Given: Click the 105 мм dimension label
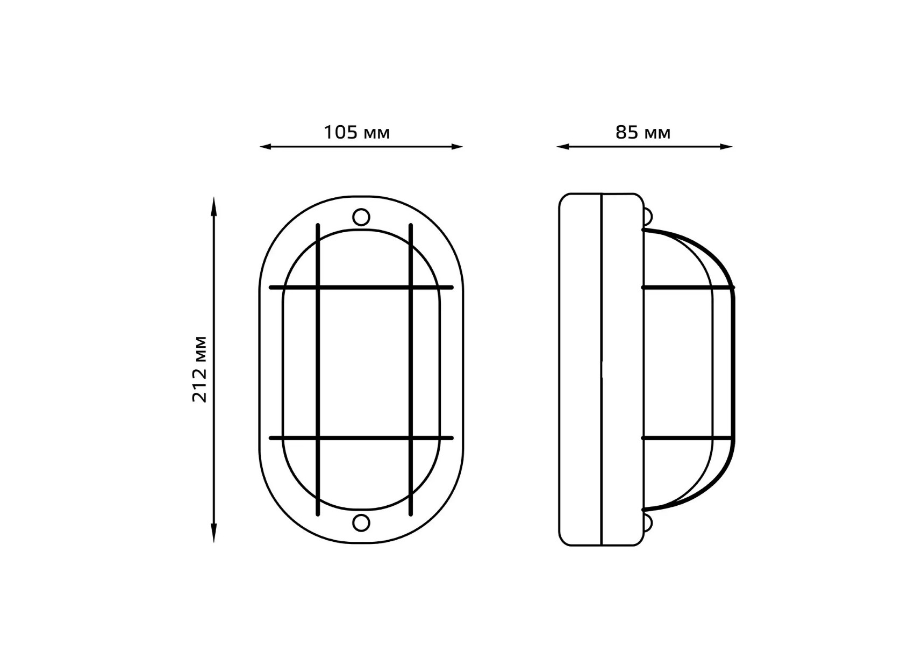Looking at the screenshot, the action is coord(356,132).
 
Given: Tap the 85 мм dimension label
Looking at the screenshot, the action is coord(643,132).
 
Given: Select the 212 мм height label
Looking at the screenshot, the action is coord(199,369).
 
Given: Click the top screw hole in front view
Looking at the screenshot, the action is coord(361,217).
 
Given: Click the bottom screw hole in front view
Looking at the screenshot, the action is coord(361,522).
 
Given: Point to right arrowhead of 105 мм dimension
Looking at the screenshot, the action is coord(456,146).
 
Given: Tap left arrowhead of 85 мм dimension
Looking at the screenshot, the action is coord(563,146).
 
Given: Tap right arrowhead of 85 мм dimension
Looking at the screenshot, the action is coord(726,146).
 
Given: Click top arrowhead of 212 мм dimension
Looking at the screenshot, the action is coord(214,204).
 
